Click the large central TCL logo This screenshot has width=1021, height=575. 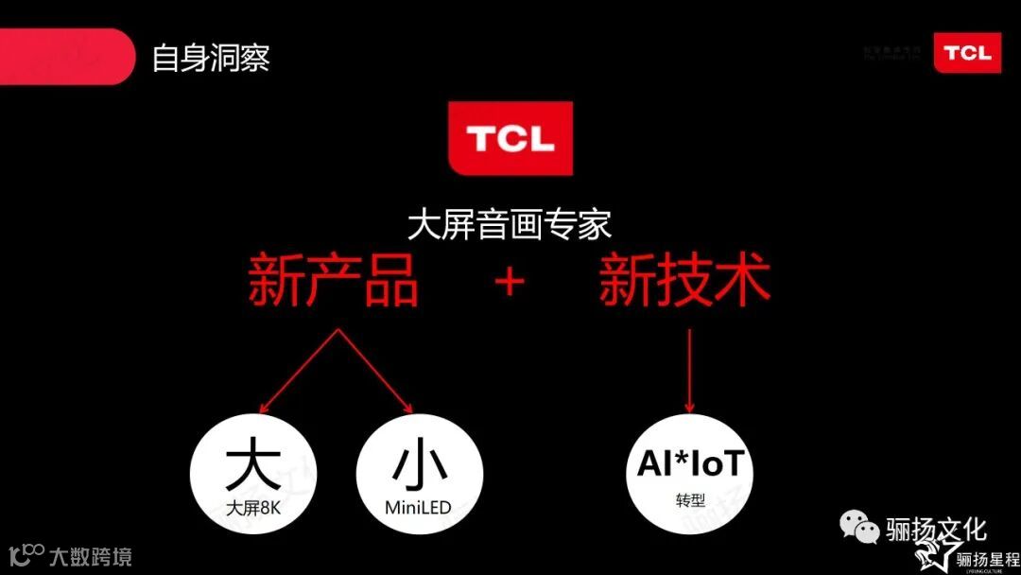tap(510, 138)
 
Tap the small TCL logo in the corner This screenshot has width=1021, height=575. tap(967, 52)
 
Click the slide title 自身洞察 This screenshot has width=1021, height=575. tap(211, 58)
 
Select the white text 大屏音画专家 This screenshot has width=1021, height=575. tap(510, 224)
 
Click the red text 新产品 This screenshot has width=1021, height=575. tap(333, 279)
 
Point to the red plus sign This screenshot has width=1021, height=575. tap(510, 281)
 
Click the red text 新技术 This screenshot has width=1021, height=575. tap(685, 279)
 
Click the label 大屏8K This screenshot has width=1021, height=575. tap(254, 509)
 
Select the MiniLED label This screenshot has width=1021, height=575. tap(418, 509)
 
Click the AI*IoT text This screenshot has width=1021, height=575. tap(690, 464)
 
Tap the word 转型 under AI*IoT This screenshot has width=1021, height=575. tap(690, 498)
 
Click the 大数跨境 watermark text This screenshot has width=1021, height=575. tap(90, 556)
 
